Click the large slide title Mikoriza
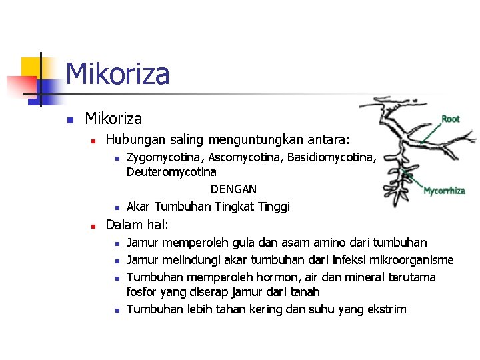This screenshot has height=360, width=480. (x=117, y=73)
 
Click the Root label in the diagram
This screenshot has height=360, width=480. (x=451, y=119)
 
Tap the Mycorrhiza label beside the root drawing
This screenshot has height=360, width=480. (x=444, y=191)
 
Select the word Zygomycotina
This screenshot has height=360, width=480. (x=165, y=157)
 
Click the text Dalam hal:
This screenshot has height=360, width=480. (x=137, y=224)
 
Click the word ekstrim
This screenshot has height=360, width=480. (x=386, y=309)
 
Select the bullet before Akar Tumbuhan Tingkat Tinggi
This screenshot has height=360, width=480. (x=116, y=207)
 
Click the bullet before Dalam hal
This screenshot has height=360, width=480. (x=95, y=225)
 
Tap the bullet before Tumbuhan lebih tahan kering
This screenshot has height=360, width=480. (x=116, y=309)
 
